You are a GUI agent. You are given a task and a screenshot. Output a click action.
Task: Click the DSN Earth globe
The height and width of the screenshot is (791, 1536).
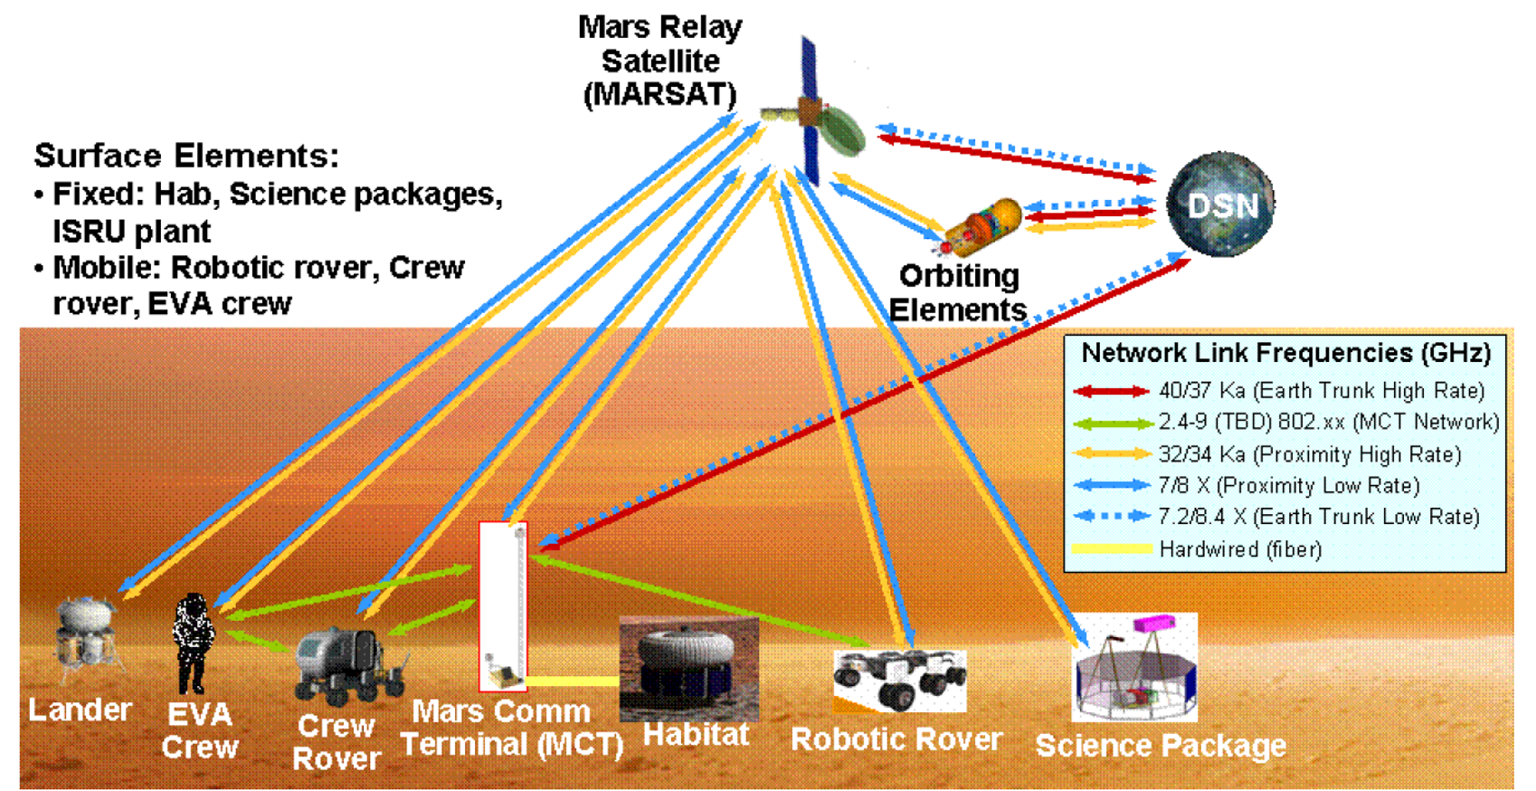point(1220,205)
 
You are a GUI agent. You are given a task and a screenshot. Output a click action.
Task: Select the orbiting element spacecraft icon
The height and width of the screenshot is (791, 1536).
point(981,226)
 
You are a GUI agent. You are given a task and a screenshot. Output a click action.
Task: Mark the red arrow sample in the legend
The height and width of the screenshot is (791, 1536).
point(1111,392)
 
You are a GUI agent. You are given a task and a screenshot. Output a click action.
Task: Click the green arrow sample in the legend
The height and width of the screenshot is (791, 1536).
point(1111,424)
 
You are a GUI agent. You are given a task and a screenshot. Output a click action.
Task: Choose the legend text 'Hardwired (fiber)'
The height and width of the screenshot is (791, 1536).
point(1240,549)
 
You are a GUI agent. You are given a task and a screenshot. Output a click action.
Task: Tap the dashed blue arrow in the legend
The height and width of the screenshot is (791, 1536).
point(1111,517)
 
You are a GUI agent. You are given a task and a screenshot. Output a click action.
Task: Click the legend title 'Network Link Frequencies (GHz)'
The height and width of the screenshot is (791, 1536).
point(1285,353)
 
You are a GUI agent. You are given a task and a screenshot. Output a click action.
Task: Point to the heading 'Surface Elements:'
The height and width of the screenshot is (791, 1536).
point(186,156)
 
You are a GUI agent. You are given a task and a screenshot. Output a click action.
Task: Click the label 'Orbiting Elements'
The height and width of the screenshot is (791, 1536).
point(959,292)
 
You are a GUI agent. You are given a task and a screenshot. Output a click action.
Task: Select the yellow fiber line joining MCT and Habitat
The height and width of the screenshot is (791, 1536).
point(573,681)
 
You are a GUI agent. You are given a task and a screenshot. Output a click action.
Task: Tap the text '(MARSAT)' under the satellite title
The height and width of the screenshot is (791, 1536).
point(659,94)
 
